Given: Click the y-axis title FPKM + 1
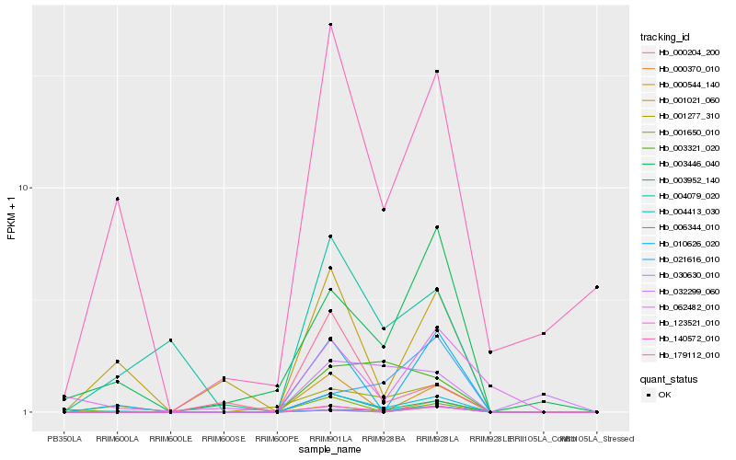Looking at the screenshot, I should (x=12, y=217).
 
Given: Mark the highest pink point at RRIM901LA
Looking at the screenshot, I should (x=330, y=25).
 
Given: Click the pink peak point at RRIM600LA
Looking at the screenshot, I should (x=118, y=199).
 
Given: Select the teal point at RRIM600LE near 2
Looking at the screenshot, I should (x=171, y=340).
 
